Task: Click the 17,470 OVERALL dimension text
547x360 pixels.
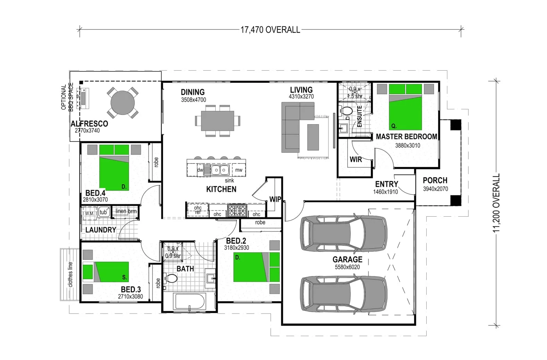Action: click(270, 30)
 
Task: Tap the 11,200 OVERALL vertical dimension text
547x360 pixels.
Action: click(496, 203)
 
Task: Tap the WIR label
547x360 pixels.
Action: click(356, 159)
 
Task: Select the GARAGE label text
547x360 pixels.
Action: click(347, 259)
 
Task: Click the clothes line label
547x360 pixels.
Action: click(70, 274)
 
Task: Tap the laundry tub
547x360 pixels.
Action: click(104, 212)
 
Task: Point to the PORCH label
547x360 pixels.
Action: click(435, 180)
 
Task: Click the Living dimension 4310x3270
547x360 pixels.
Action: click(301, 96)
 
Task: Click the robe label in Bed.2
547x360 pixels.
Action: click(260, 223)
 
